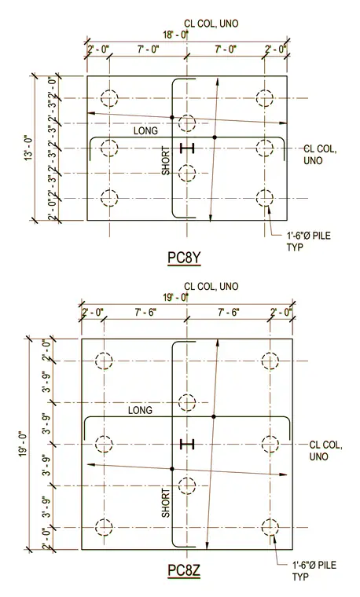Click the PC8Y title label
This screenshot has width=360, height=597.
click(x=184, y=258)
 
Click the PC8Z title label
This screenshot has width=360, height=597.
click(x=184, y=570)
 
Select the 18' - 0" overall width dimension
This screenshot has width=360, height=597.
click(x=176, y=35)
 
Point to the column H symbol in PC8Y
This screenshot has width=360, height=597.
click(x=187, y=148)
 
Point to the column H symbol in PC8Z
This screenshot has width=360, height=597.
click(x=187, y=444)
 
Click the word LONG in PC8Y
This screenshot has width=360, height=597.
click(x=145, y=131)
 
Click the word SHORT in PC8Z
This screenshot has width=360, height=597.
click(x=166, y=503)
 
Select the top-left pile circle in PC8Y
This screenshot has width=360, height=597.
click(x=109, y=98)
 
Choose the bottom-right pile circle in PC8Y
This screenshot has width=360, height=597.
click(x=264, y=198)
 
